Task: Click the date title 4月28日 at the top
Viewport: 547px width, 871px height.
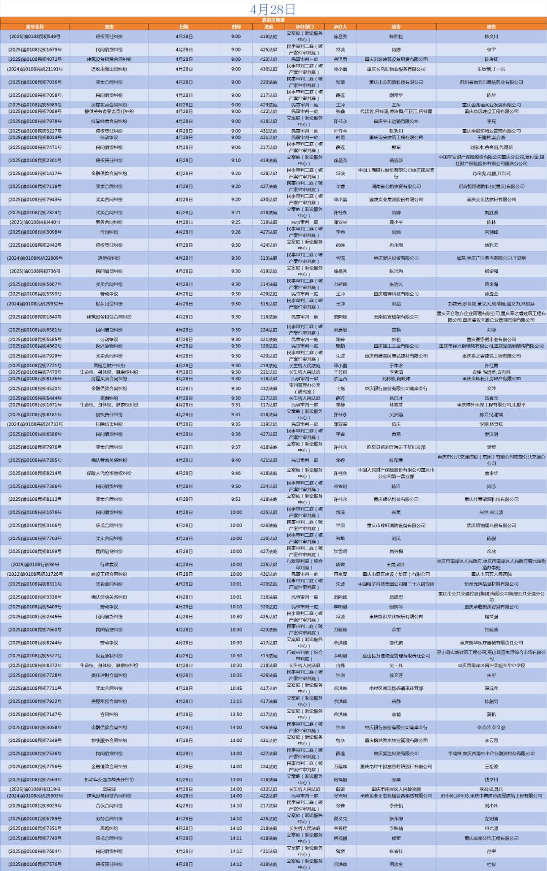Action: [273, 9]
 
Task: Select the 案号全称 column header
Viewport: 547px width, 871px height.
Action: [35, 27]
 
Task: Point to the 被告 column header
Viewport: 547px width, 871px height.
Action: [491, 27]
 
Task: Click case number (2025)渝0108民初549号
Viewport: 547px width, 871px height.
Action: [35, 36]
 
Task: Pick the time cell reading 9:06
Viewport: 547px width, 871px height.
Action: [236, 147]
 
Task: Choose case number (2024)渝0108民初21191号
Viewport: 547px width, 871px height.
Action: [35, 69]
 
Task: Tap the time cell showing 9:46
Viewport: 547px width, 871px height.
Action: [236, 473]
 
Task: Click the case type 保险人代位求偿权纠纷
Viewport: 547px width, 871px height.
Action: [109, 473]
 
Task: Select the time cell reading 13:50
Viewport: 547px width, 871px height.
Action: [236, 715]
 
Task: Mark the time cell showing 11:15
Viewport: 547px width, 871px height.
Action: [236, 701]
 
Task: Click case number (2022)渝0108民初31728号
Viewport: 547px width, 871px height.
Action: [35, 574]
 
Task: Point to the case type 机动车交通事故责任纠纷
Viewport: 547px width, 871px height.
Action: [109, 780]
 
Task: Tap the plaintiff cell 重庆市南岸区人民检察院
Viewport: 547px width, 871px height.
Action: [396, 789]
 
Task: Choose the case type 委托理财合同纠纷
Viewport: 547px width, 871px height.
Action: [109, 676]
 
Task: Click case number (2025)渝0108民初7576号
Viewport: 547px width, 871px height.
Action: [35, 864]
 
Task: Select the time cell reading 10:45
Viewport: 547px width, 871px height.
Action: [236, 688]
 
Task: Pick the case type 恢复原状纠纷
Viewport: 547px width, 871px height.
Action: [109, 656]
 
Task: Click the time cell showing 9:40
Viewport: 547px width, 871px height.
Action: [236, 460]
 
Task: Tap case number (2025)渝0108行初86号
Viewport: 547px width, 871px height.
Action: [35, 565]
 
